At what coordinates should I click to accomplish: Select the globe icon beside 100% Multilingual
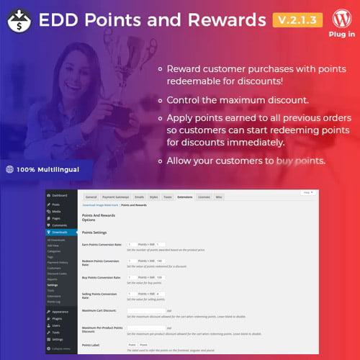(x=9, y=171)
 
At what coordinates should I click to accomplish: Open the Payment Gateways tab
(x=116, y=196)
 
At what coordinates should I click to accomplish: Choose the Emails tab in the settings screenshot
(x=140, y=196)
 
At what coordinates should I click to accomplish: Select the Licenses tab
(x=204, y=196)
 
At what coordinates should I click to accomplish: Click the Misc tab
(x=220, y=196)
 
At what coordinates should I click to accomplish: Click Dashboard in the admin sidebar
(x=59, y=195)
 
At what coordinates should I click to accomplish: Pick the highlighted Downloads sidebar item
(x=61, y=233)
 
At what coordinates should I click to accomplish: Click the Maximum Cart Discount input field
(x=146, y=310)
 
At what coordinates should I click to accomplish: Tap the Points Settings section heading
(x=98, y=233)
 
